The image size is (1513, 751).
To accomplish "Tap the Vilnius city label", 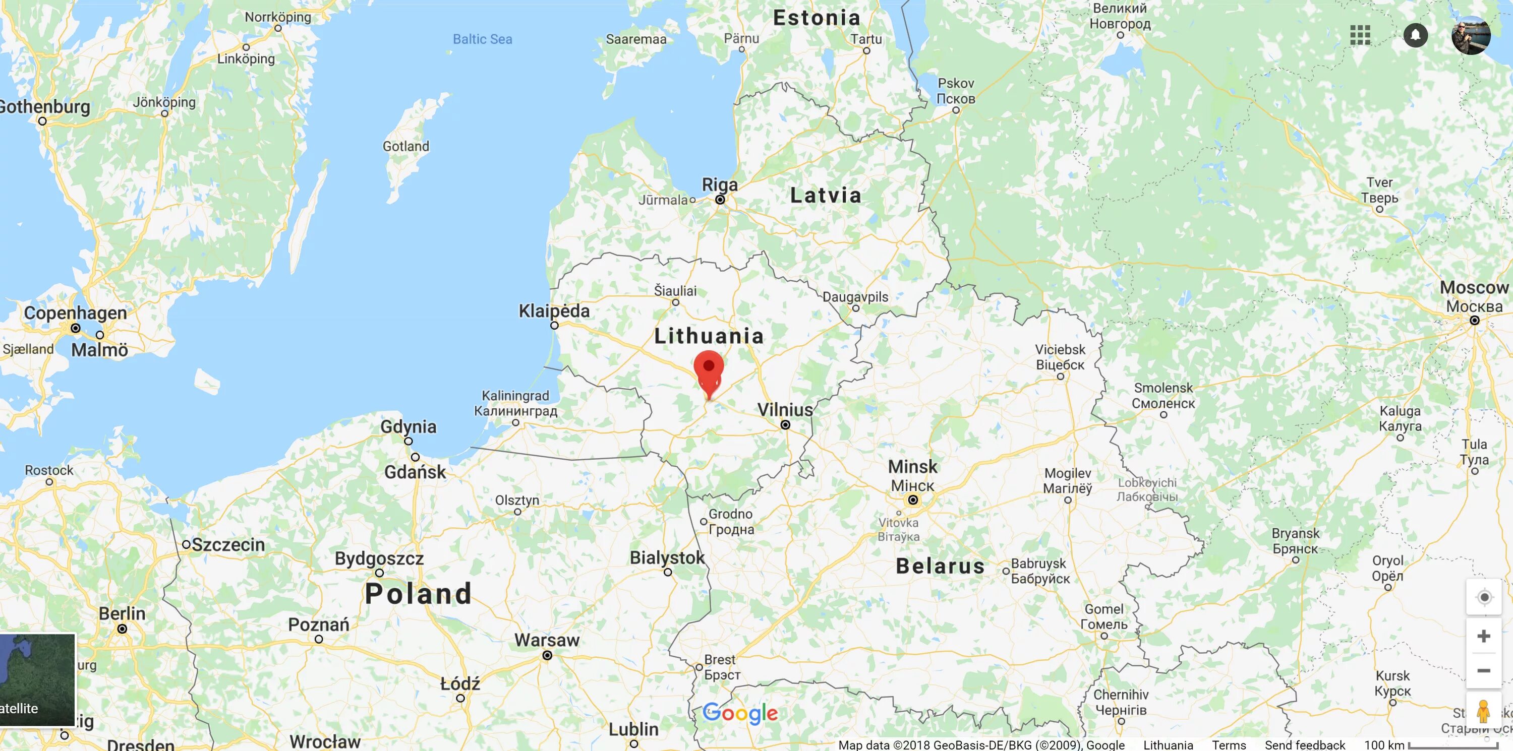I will (785, 410).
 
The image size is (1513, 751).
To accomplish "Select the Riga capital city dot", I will (720, 200).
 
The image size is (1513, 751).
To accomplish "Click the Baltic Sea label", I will (482, 39).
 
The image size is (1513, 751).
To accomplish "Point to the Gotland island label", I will (406, 146).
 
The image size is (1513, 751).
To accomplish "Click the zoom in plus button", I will (1484, 636).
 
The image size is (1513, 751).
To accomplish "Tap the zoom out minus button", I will (1484, 670).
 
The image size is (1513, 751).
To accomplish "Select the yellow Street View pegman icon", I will (1484, 711).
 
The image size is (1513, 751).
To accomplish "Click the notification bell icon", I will (1416, 35).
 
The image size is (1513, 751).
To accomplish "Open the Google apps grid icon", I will (1360, 35).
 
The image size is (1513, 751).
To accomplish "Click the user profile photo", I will (1471, 35).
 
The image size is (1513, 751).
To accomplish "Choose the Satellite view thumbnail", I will (38, 679).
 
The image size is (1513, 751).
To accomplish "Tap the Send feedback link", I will (1305, 745).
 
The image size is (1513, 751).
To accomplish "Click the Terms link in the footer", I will (1229, 745).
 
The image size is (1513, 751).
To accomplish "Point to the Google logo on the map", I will (740, 713).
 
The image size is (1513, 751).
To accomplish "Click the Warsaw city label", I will (547, 640).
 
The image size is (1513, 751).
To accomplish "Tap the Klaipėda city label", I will (554, 310).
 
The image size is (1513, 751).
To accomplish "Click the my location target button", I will (1484, 597).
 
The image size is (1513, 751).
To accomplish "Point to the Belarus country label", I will (940, 566).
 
